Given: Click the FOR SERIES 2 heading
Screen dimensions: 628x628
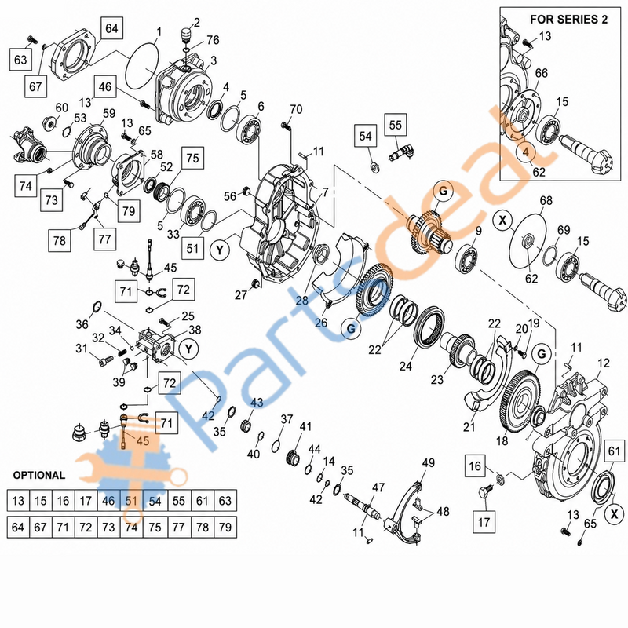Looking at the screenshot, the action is click(568, 19).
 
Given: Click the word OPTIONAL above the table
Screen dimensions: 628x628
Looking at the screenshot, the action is click(38, 476).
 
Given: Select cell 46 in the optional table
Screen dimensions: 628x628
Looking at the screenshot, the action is click(108, 501).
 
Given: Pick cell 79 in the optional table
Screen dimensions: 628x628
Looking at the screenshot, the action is click(225, 527).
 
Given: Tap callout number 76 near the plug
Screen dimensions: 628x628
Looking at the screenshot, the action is click(213, 40).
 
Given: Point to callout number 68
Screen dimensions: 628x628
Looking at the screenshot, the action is click(546, 201).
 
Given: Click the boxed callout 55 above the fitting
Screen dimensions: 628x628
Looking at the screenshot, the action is click(396, 125).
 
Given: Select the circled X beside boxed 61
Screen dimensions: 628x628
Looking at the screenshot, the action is click(614, 514).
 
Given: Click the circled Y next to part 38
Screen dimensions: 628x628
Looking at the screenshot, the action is click(188, 349).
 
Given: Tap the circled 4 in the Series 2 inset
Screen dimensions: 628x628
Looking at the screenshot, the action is click(526, 152).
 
